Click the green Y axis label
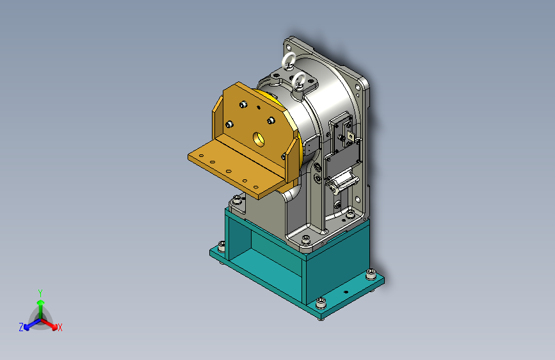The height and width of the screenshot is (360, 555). click(x=40, y=293)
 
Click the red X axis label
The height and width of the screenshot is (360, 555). click(x=60, y=328)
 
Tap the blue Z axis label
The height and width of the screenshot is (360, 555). click(x=21, y=327)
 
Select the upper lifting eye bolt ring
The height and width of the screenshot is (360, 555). click(x=288, y=60)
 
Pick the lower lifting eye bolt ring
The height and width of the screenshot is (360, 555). click(x=299, y=81)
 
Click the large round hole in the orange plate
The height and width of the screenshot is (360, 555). click(x=259, y=139)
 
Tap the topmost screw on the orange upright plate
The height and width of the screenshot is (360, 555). click(x=243, y=104)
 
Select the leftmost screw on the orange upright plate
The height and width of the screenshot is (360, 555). click(x=229, y=124)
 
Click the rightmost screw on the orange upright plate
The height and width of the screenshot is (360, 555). click(x=271, y=120)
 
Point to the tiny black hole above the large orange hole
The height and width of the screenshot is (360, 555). click(x=259, y=107)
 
